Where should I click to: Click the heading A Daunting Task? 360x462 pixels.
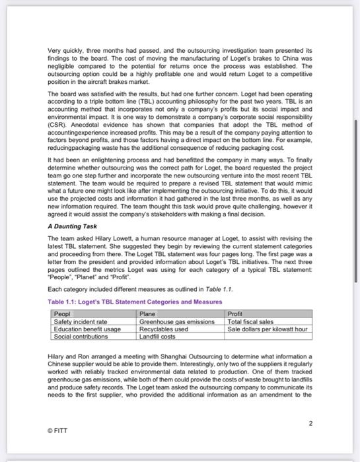(72, 226)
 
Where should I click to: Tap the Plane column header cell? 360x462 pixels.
(148, 315)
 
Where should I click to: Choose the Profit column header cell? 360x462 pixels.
(235, 315)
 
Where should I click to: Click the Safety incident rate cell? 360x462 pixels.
(79, 321)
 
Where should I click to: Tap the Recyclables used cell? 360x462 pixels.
(164, 329)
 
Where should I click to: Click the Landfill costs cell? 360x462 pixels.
(157, 336)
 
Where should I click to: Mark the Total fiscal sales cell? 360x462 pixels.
(250, 321)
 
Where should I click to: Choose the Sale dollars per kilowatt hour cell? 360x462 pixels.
(267, 329)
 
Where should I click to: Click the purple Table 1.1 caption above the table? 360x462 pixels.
(135, 302)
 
